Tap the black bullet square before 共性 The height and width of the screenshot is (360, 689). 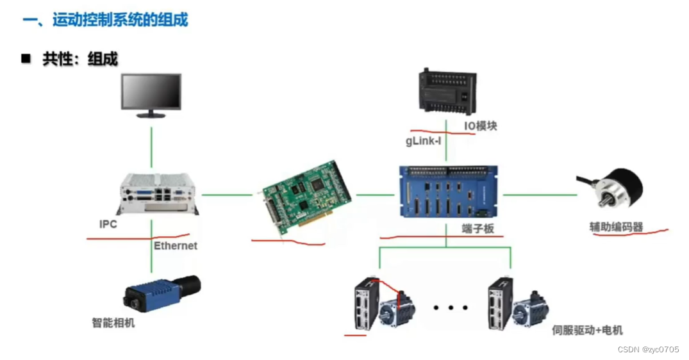(26, 59)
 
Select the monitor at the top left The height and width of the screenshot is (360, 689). (151, 94)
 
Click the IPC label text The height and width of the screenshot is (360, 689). (108, 224)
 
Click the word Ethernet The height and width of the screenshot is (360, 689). (176, 245)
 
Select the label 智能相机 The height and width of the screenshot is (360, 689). (113, 323)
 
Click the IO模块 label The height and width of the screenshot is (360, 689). (480, 126)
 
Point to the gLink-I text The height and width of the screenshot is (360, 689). (423, 141)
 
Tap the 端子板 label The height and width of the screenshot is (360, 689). (478, 228)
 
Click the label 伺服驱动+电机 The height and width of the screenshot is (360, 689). (587, 331)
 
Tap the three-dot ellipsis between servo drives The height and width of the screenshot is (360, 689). (451, 308)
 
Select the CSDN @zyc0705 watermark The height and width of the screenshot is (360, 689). (647, 349)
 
